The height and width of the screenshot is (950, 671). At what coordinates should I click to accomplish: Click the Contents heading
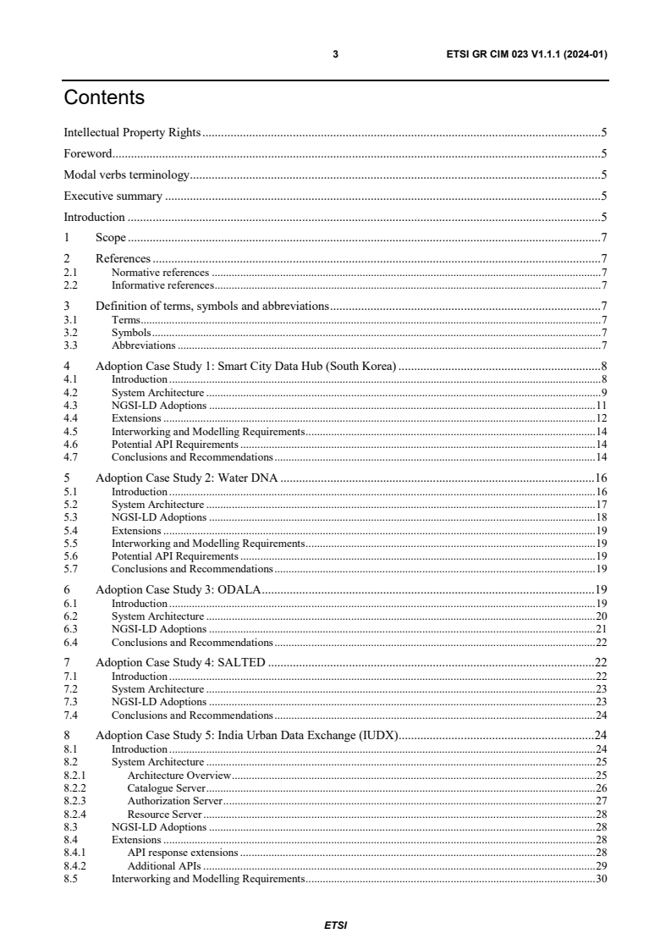[x=104, y=98]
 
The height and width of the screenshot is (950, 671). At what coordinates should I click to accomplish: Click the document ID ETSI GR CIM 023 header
[x=526, y=54]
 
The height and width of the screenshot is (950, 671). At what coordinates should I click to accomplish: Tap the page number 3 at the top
[x=335, y=54]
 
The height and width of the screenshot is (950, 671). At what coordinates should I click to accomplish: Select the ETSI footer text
[x=335, y=925]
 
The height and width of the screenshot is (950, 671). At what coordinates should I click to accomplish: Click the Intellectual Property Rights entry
[x=132, y=133]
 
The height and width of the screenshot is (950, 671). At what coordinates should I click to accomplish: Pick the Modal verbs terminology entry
[x=126, y=175]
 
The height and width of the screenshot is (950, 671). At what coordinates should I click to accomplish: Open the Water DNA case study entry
[x=187, y=478]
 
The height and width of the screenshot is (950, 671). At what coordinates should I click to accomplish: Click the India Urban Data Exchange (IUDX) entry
[x=246, y=735]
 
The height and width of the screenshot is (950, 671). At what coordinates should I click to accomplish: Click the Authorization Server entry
[x=174, y=800]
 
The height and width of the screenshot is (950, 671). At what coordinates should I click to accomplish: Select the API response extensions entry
[x=182, y=853]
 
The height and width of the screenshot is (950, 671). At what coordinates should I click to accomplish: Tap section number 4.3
[x=70, y=406]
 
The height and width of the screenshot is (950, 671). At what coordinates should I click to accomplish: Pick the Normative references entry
[x=160, y=273]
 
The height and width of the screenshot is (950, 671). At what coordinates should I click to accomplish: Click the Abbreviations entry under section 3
[x=143, y=345]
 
